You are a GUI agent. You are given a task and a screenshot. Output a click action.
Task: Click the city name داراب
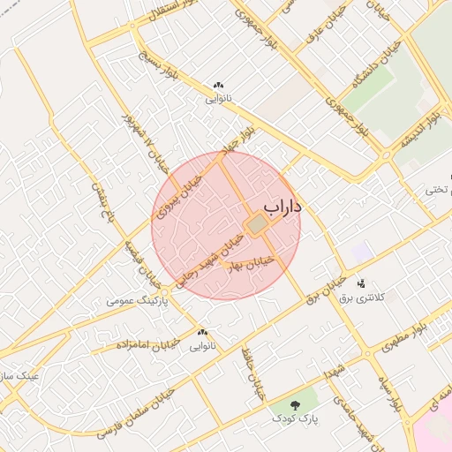282,207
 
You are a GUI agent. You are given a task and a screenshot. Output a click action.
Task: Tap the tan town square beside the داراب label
256,226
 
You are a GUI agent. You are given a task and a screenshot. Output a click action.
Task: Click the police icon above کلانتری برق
361,284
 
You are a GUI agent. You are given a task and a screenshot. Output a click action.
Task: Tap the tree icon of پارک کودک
293,402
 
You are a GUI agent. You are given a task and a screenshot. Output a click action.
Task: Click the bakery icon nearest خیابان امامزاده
202,332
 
